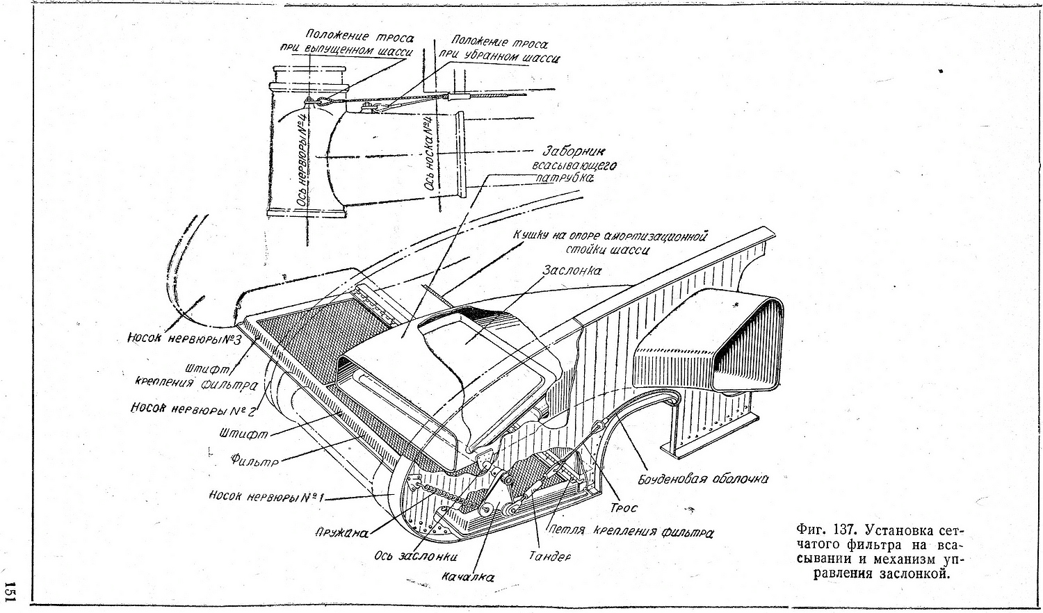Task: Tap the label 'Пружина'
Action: (341, 533)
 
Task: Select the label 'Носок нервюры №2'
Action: (193, 408)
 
